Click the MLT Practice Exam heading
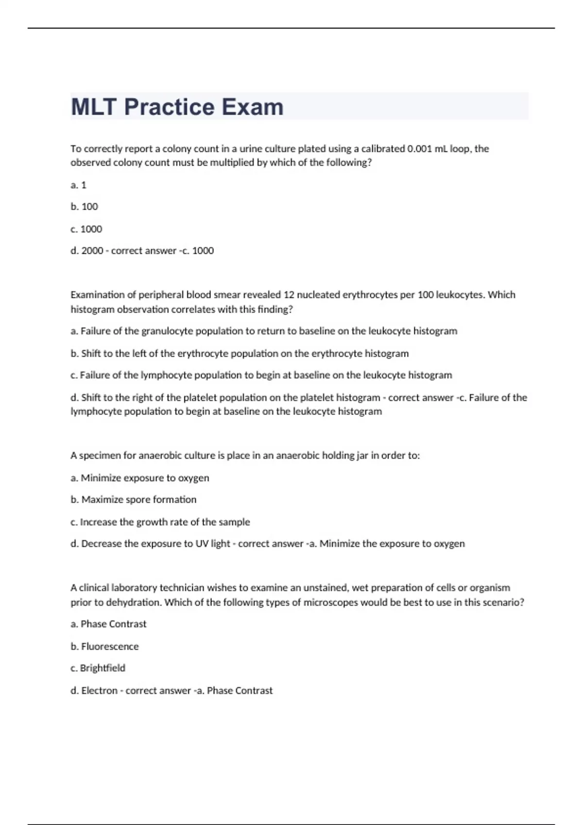[x=177, y=107]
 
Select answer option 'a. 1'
[x=78, y=185]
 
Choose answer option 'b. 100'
[x=84, y=207]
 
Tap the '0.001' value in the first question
[x=419, y=148]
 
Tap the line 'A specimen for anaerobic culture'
[x=245, y=456]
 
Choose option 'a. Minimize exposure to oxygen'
[x=140, y=478]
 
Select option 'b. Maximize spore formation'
[x=134, y=500]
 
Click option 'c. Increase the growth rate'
[x=160, y=522]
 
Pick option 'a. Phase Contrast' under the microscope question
[x=108, y=624]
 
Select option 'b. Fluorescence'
[x=104, y=646]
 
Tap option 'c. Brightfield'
[x=98, y=668]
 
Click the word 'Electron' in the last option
[x=99, y=691]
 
